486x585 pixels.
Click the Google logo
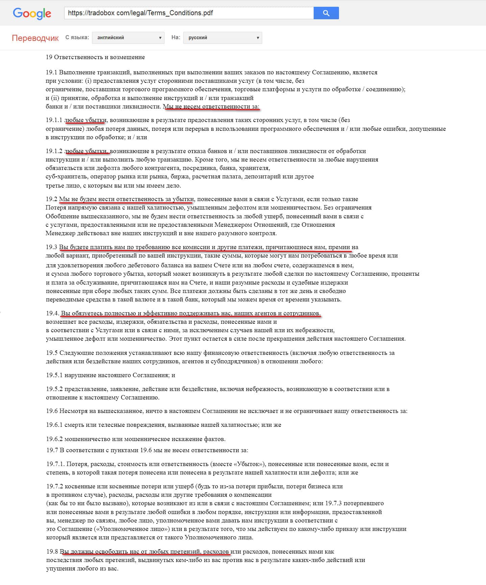tap(32, 13)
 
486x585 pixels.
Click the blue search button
tap(326, 13)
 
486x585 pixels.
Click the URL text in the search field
tap(140, 13)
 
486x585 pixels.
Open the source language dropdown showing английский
tap(129, 38)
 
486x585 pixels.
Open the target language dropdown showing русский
tap(222, 38)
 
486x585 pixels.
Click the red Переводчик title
tap(35, 38)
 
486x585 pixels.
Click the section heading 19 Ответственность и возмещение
tap(95, 57)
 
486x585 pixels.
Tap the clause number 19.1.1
tap(54, 120)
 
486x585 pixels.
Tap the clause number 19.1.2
tap(54, 151)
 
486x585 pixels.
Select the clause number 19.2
tap(51, 199)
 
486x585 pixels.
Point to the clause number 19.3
tap(51, 247)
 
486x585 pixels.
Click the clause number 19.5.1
tap(54, 375)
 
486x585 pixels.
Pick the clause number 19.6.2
tap(54, 439)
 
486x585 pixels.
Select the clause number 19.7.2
tap(54, 486)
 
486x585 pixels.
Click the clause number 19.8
tap(52, 552)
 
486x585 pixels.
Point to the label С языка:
tap(77, 37)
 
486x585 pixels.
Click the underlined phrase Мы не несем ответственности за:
tap(211, 107)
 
